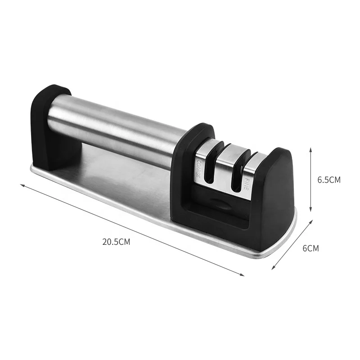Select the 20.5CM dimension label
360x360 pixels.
tap(116, 241)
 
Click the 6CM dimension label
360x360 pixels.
tap(310, 248)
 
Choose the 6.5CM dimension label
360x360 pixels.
tap(329, 180)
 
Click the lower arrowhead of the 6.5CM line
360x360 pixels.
tap(310, 211)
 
